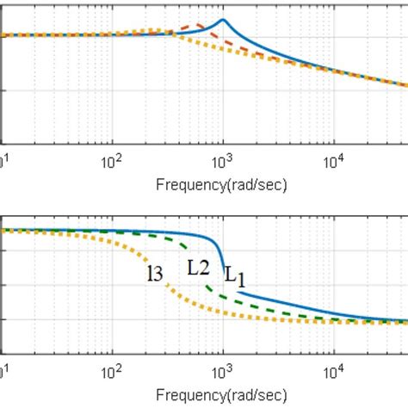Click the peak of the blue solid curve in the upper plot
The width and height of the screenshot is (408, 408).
click(x=223, y=20)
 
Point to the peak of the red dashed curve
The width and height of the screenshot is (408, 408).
click(x=197, y=25)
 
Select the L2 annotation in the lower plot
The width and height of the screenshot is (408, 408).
click(x=199, y=267)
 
